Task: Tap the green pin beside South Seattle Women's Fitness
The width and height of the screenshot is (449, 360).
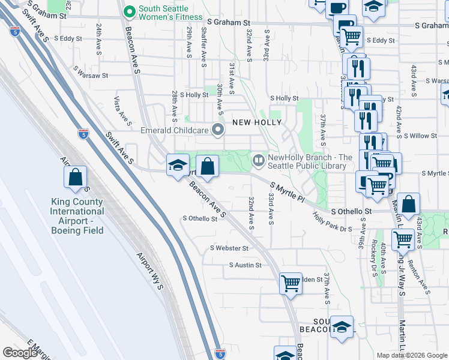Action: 128,10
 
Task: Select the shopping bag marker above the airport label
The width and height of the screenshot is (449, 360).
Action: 76,177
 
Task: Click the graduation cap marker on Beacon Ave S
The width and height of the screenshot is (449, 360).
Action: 178,165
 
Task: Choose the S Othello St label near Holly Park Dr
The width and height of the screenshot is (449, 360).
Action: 352,212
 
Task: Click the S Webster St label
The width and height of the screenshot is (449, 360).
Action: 229,248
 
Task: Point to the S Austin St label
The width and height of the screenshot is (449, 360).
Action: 246,265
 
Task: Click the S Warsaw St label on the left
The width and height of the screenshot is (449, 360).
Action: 91,76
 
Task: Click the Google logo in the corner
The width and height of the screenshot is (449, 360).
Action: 19,352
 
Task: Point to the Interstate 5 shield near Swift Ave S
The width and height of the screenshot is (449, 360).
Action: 83,134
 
